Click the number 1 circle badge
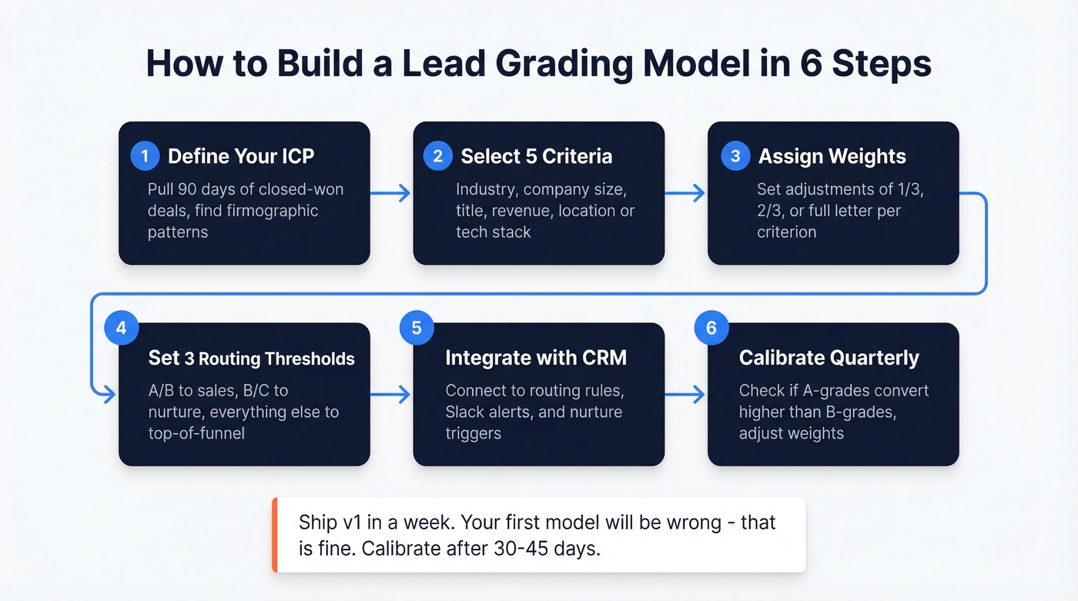click(144, 156)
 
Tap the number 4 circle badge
click(121, 328)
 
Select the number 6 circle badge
click(711, 328)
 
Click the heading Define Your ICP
click(241, 156)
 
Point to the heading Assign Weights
click(832, 156)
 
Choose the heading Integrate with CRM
click(536, 358)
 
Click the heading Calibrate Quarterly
click(829, 358)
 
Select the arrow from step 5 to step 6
click(685, 395)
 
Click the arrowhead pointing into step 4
click(109, 395)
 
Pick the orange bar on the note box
click(274, 535)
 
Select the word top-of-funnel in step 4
click(196, 433)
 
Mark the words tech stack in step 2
click(493, 232)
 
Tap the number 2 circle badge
click(437, 156)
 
